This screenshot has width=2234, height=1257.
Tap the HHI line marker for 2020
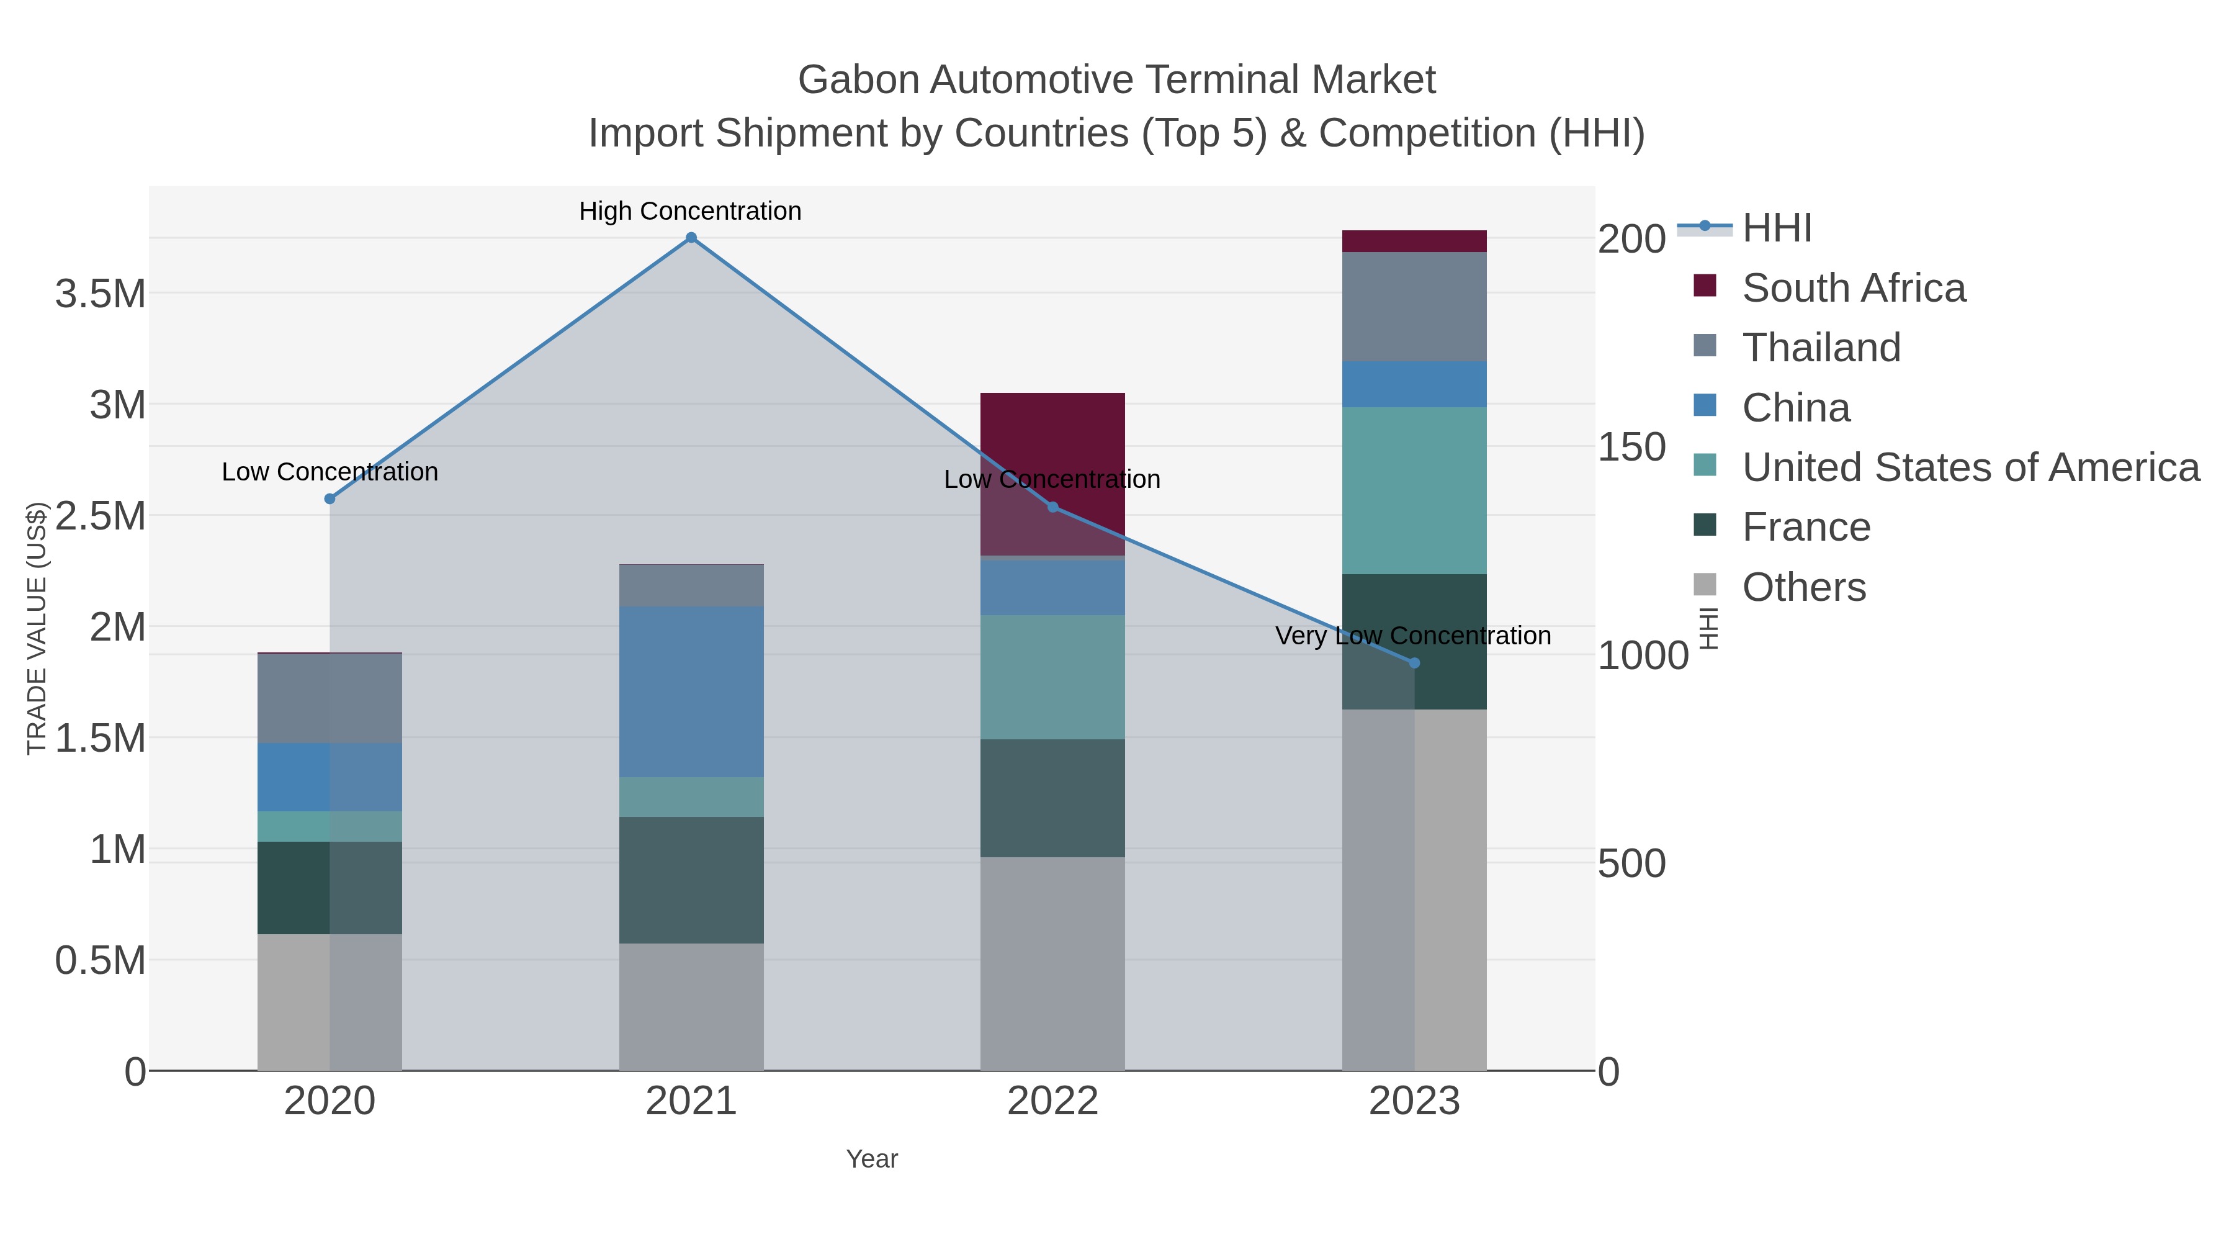(x=330, y=499)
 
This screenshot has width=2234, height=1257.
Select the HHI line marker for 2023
(x=1414, y=664)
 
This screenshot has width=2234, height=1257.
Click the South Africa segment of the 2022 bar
(x=1053, y=434)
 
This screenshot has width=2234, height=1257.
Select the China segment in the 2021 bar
(x=691, y=692)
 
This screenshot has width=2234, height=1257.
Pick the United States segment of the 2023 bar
(x=1414, y=490)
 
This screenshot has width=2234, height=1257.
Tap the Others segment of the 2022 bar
(x=1053, y=963)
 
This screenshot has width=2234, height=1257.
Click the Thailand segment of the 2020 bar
(x=330, y=698)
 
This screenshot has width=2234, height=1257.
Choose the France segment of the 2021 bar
(x=691, y=880)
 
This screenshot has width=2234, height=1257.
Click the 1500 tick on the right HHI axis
(x=1631, y=448)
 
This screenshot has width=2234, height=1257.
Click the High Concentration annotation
(x=690, y=212)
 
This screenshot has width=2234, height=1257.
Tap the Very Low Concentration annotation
(x=1413, y=636)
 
